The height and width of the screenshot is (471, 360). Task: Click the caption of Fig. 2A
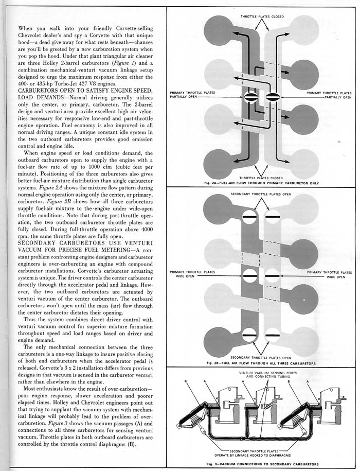pyautogui.click(x=262, y=184)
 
